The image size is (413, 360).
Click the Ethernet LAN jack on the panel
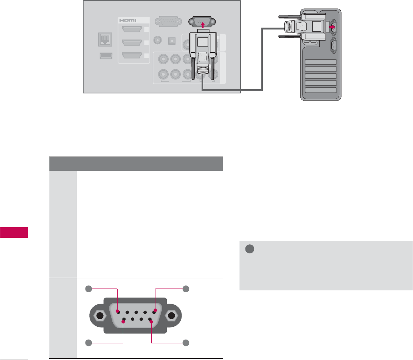(105, 39)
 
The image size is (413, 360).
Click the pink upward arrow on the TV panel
(203, 25)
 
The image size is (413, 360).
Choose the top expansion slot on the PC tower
(321, 62)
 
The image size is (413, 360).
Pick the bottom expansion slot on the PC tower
(321, 90)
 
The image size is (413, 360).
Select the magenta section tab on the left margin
(14, 232)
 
